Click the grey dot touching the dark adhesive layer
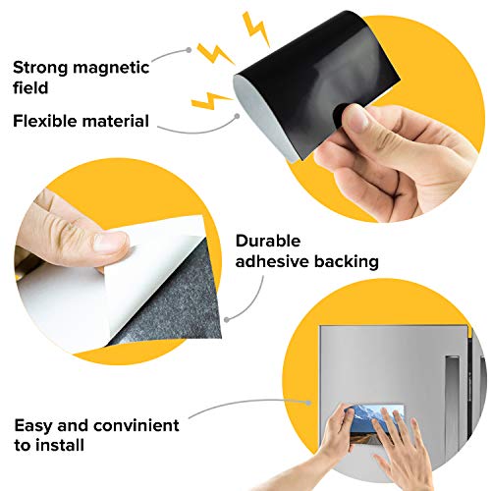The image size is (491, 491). coord(227,316)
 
